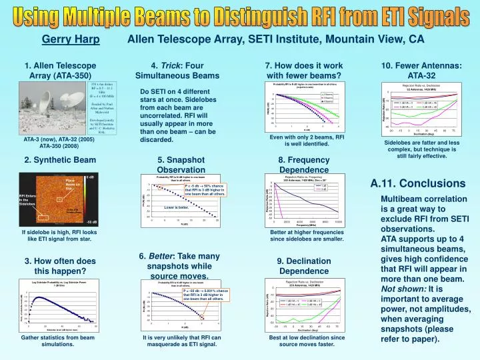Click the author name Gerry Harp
click(x=65, y=39)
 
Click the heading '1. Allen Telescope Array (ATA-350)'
click(x=60, y=70)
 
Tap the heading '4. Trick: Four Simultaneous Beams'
click(x=177, y=70)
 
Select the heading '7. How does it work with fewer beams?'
click(x=303, y=70)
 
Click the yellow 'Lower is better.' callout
click(x=177, y=207)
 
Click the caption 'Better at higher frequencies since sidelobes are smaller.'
click(x=306, y=235)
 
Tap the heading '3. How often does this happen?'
click(x=60, y=266)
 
